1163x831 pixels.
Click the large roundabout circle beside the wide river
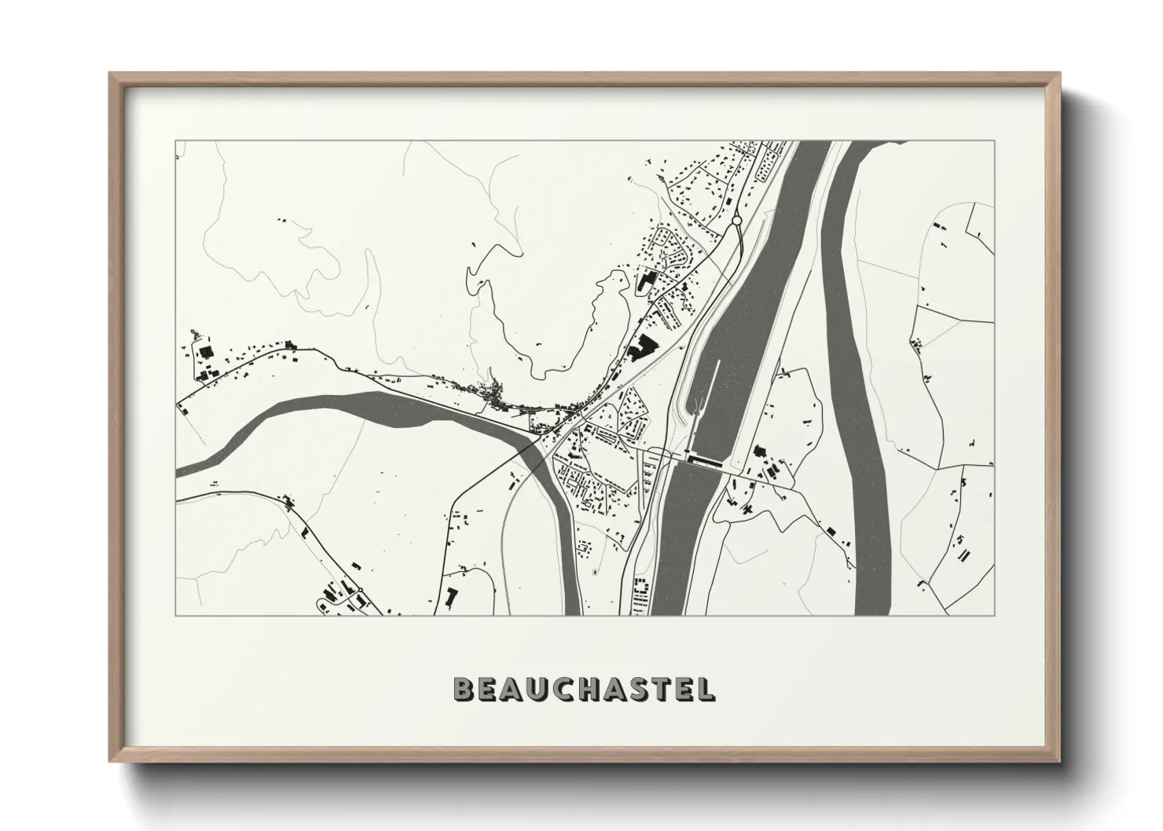736,221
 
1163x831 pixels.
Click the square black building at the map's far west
207,353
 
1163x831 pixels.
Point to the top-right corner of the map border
994,141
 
